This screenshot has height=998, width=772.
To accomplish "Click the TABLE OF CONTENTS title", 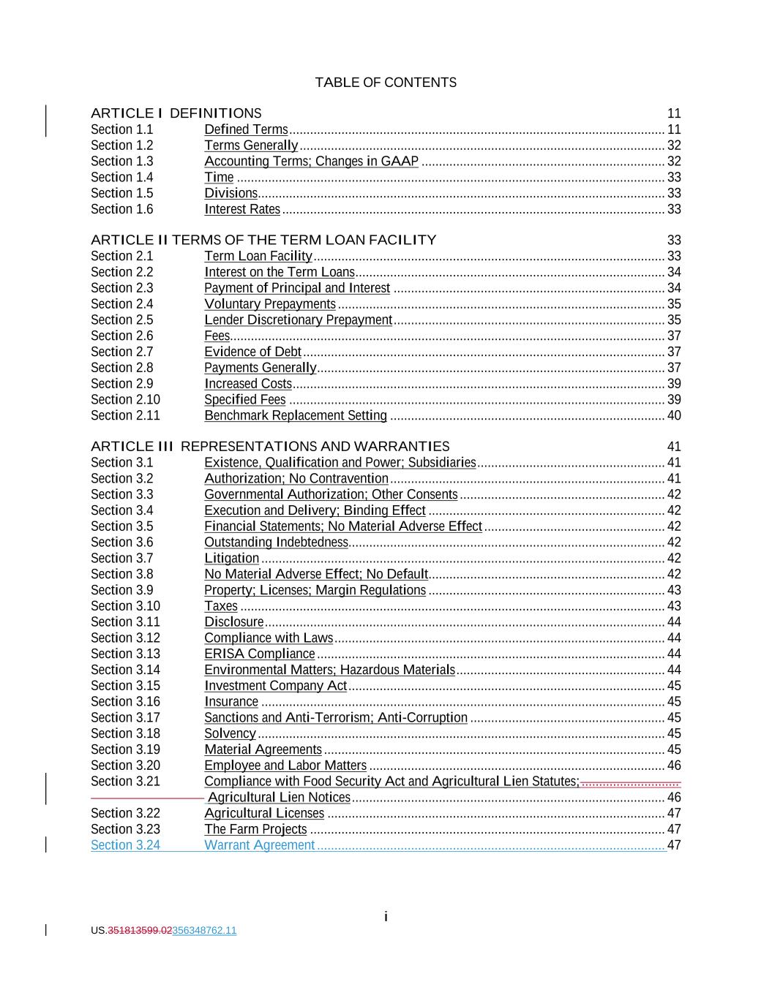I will pos(386,83).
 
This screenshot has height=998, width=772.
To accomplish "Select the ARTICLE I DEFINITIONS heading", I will pos(176,113).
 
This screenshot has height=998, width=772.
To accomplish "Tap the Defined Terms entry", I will pos(246,129).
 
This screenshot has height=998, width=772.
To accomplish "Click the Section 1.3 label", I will pos(122,162).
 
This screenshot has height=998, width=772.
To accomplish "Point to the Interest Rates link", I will pos(242,209).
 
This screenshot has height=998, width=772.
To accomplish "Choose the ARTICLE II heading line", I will pos(263,240).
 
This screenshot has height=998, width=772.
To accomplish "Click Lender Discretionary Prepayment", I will pos(298,320).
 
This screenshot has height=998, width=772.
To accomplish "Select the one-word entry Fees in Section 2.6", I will pos(217,336).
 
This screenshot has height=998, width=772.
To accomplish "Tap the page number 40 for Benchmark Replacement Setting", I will pos(674,416).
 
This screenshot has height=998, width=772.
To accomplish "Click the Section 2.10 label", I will pos(125,400).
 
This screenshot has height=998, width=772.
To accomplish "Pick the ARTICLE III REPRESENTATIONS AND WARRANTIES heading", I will pos(270,447).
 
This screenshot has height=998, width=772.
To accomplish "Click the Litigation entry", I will pos(231,559).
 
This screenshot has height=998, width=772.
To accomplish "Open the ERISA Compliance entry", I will pos(260,654).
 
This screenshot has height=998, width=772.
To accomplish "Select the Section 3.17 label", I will pos(125,718).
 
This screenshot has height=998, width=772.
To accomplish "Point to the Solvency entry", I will pos(230,734).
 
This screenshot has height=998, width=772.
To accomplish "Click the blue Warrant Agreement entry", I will pos(259,846).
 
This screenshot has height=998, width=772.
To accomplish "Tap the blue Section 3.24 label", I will pos(125,846).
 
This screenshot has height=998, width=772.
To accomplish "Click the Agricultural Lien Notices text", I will pos(279,798).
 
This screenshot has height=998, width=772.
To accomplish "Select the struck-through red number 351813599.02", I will pos(140,931).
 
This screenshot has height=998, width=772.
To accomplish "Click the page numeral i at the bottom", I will pos(386,917).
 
